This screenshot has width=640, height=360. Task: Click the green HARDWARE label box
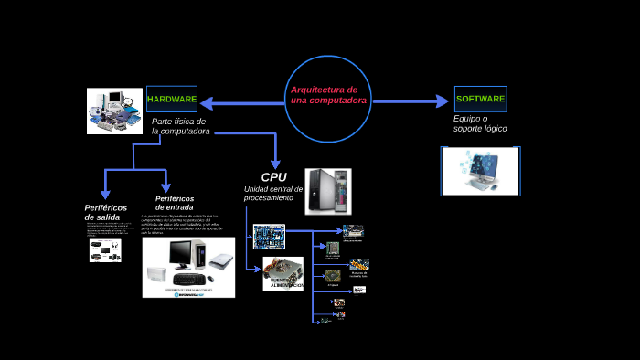click(x=172, y=99)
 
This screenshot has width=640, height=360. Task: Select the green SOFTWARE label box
click(x=480, y=99)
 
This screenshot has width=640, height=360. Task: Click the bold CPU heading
click(x=274, y=176)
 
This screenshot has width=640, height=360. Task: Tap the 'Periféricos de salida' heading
click(x=105, y=213)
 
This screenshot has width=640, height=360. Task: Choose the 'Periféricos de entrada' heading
click(x=175, y=202)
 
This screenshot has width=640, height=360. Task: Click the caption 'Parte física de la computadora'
click(x=179, y=126)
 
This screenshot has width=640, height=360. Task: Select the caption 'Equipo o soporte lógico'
click(x=480, y=123)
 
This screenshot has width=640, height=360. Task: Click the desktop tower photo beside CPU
click(x=328, y=191)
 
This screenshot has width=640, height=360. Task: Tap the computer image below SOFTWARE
click(x=480, y=171)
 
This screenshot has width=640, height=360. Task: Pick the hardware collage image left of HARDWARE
click(x=115, y=111)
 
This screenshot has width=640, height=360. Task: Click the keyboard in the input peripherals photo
click(x=189, y=278)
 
